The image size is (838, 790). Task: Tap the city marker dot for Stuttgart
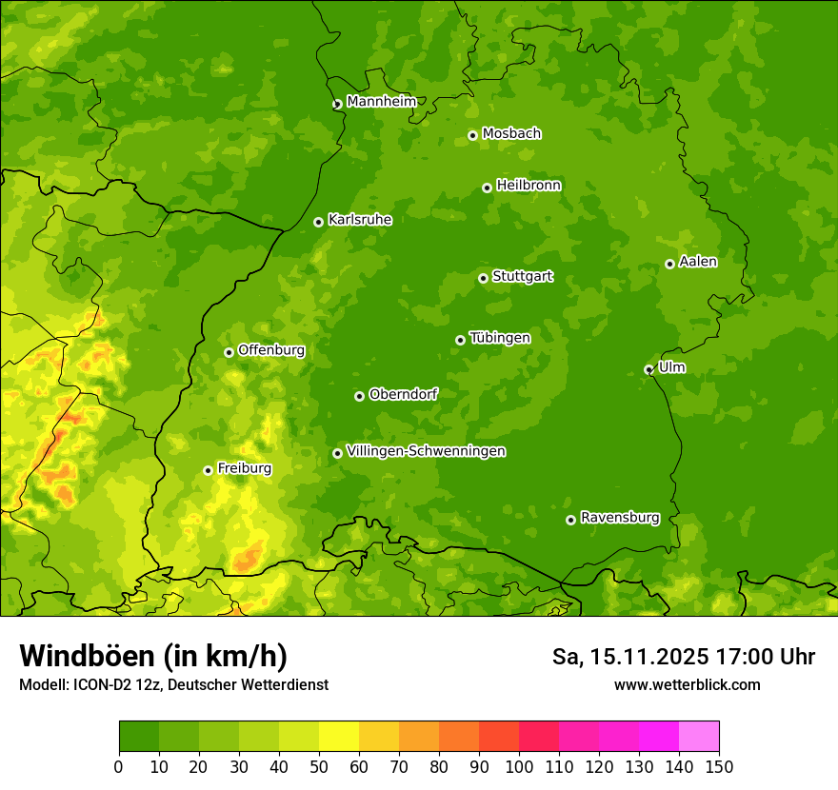[483, 278]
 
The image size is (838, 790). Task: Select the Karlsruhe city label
[359, 220]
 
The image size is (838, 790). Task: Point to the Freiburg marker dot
[208, 470]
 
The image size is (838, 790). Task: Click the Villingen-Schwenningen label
[426, 451]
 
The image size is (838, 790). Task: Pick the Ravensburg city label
[619, 518]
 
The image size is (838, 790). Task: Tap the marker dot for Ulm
[648, 369]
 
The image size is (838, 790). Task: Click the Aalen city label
[698, 262]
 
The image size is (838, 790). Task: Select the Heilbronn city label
[529, 186]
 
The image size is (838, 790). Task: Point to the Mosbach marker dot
[472, 135]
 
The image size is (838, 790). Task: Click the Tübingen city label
[499, 338]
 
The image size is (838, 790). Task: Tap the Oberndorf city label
[403, 394]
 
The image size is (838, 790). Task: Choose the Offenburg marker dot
[229, 352]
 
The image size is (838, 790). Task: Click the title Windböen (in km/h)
[153, 656]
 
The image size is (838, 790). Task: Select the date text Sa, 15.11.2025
[628, 657]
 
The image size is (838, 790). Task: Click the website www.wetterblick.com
[687, 684]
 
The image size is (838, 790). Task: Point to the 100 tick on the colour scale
[519, 766]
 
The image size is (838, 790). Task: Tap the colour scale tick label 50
[319, 766]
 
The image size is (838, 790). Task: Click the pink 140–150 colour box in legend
[698, 737]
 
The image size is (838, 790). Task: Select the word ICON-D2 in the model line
[98, 685]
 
